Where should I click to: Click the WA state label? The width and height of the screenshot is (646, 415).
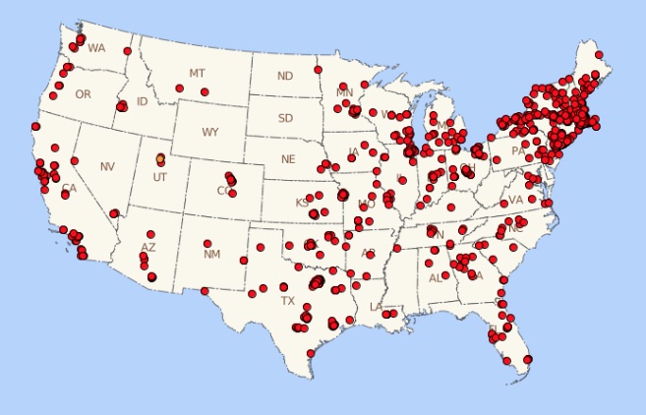click(96, 47)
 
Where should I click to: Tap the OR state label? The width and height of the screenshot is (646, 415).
click(83, 94)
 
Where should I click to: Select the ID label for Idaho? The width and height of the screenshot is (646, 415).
click(143, 101)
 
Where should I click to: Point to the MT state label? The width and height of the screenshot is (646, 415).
click(198, 74)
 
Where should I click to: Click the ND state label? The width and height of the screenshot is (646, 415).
click(285, 76)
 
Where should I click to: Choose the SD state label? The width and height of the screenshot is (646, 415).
click(285, 118)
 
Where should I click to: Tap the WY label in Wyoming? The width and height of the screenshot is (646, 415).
click(210, 132)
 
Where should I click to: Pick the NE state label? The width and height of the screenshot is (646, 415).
click(288, 158)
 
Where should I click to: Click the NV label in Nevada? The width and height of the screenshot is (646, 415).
click(107, 166)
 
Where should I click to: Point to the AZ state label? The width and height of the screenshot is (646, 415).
click(148, 247)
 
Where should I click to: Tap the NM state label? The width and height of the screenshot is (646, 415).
click(211, 254)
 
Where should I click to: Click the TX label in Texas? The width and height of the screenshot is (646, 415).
click(287, 300)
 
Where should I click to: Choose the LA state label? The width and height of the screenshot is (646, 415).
click(376, 307)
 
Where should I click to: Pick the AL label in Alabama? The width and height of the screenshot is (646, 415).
click(435, 278)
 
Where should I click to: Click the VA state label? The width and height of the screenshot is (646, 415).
click(516, 200)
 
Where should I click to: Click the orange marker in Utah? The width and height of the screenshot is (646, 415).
click(160, 157)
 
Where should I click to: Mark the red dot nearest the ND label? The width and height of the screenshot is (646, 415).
click(318, 70)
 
